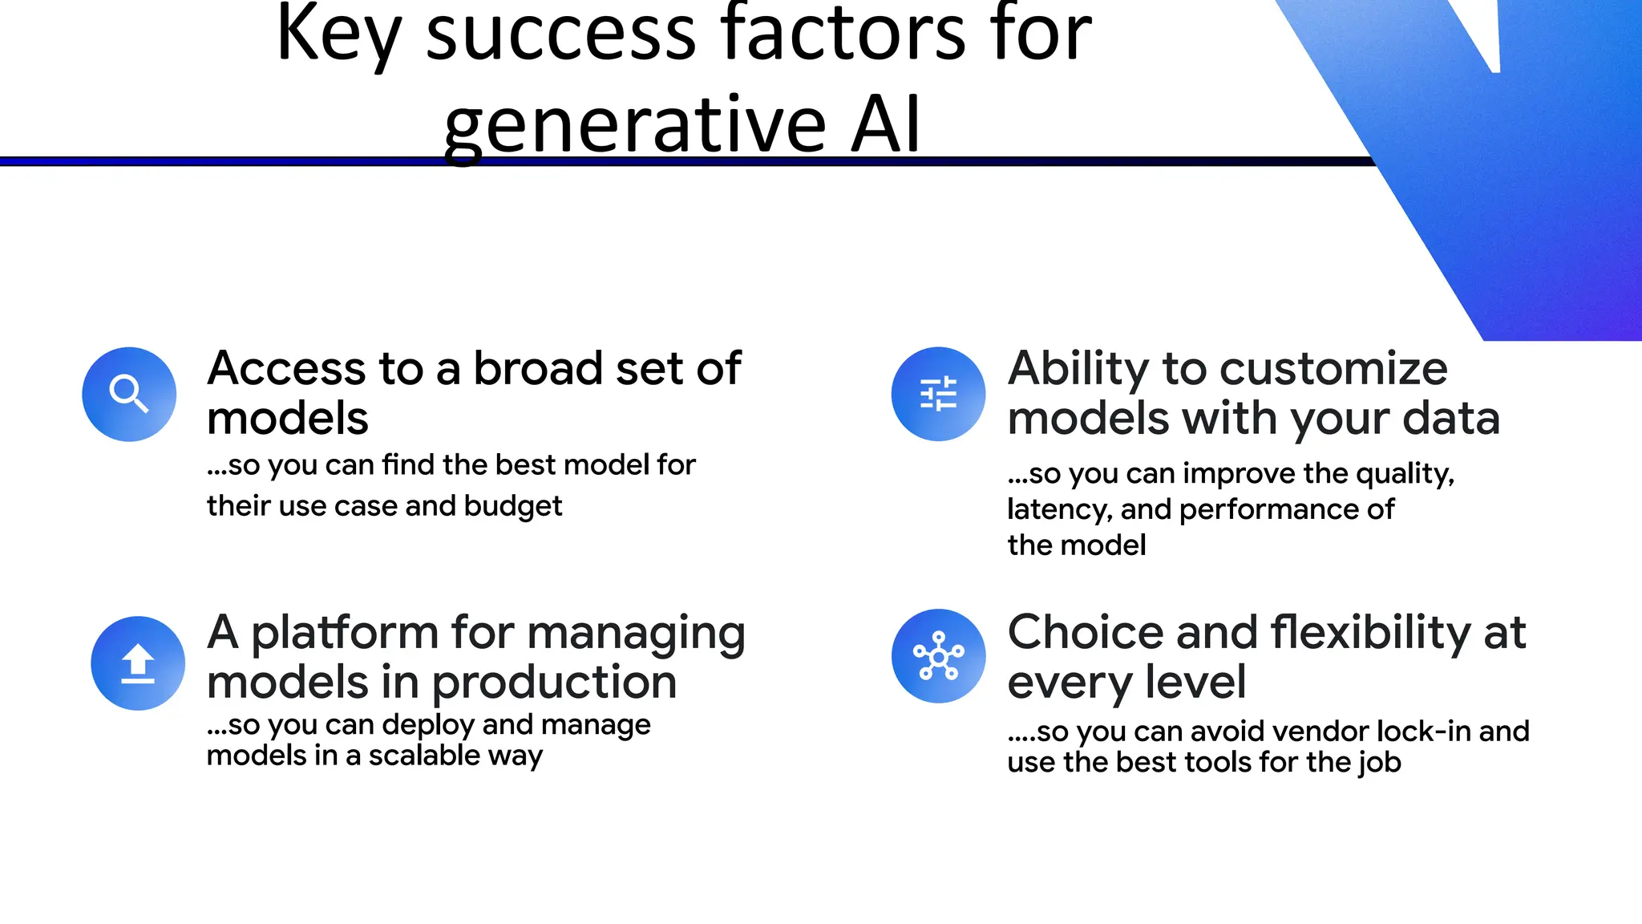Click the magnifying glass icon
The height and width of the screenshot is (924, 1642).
point(129,394)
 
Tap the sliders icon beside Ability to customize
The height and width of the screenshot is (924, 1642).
point(938,394)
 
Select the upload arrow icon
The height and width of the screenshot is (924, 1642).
point(138,663)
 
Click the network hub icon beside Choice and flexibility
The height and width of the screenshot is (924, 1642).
point(938,656)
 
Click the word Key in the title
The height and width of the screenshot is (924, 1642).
point(338,36)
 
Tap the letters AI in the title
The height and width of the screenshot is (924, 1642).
point(885,126)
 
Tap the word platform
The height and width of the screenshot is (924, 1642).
point(345,634)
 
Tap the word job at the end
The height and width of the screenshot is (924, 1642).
point(1380,763)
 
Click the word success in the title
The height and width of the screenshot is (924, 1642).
point(560,36)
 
